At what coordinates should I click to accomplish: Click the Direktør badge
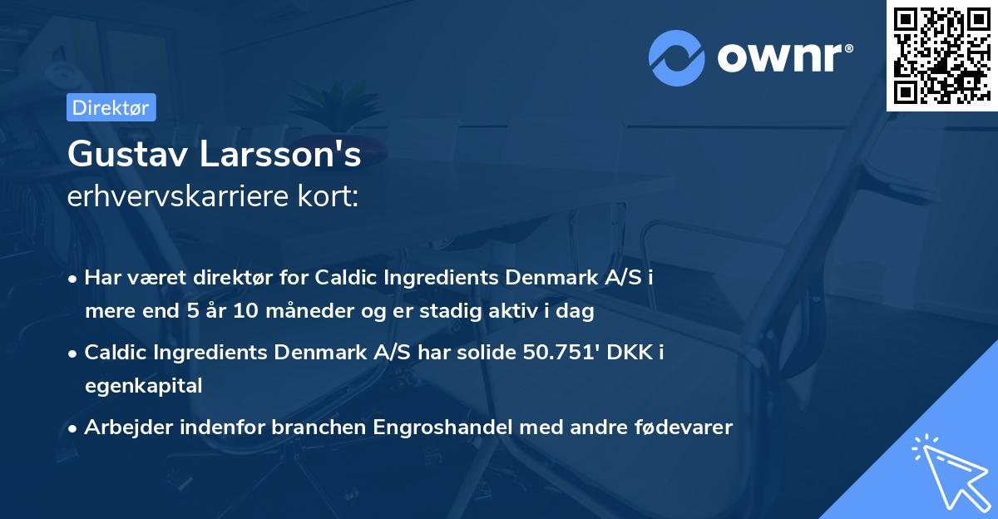pyautogui.click(x=111, y=107)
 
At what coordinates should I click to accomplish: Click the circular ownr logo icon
pyautogui.click(x=677, y=58)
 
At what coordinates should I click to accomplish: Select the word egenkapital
pyautogui.click(x=143, y=385)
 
